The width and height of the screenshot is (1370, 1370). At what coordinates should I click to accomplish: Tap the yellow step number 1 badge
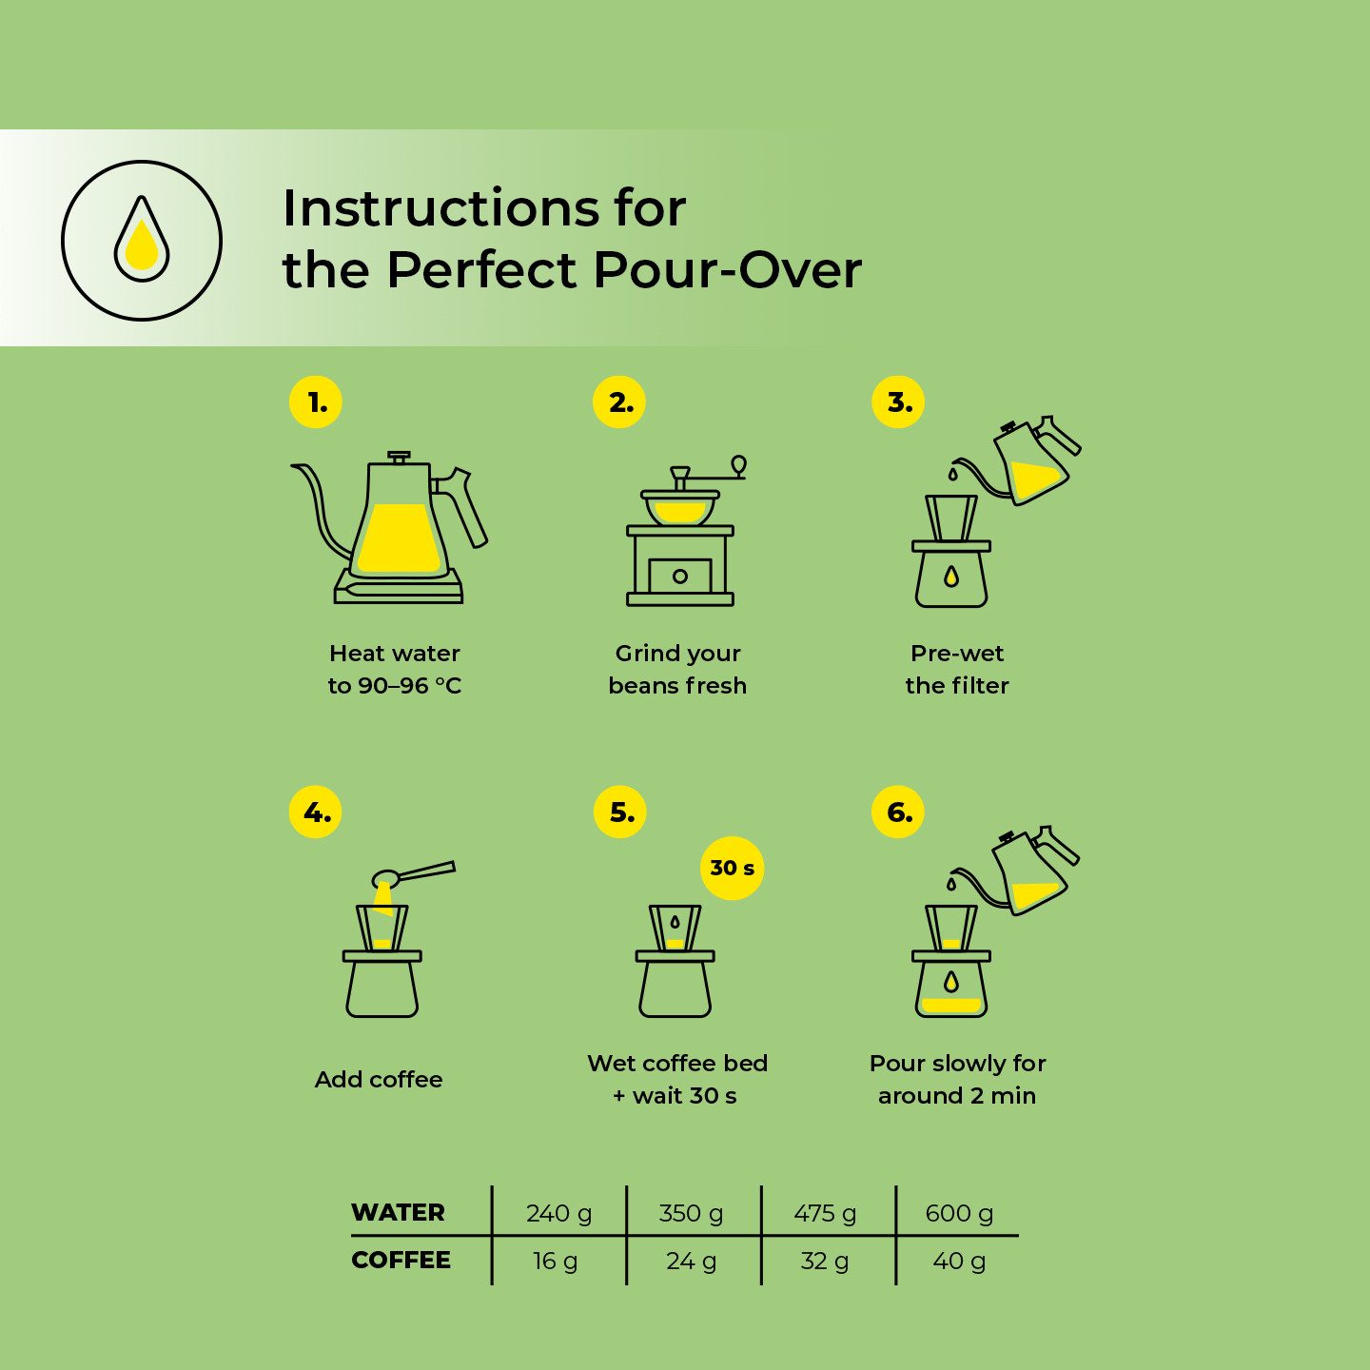(316, 402)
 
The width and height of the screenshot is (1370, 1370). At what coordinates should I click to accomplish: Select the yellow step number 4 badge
(316, 812)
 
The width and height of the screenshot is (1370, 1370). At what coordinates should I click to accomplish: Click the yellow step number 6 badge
(898, 812)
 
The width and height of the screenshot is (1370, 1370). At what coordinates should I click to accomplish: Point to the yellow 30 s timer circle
(733, 868)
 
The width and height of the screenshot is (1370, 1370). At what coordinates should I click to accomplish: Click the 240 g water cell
(558, 1213)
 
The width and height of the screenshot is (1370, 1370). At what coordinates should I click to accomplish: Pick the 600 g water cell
(959, 1213)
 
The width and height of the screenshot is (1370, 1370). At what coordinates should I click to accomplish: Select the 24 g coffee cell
(691, 1261)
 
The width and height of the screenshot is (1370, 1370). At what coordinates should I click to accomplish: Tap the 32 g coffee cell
(825, 1261)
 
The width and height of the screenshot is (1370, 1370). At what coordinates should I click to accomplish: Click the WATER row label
(398, 1212)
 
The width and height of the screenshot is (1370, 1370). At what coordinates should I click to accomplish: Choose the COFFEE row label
(401, 1260)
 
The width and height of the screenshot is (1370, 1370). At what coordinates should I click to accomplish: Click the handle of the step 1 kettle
(465, 505)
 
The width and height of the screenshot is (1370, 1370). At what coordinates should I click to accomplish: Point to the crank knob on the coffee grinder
(738, 465)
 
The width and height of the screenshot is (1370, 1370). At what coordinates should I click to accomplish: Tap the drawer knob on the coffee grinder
(679, 576)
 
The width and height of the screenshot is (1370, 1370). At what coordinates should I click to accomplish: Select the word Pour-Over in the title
(727, 270)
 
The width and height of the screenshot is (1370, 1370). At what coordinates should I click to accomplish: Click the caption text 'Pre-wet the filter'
(957, 669)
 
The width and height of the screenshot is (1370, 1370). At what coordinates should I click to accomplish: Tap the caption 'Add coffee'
(379, 1079)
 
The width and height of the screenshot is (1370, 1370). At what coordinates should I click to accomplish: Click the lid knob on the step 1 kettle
(399, 456)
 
